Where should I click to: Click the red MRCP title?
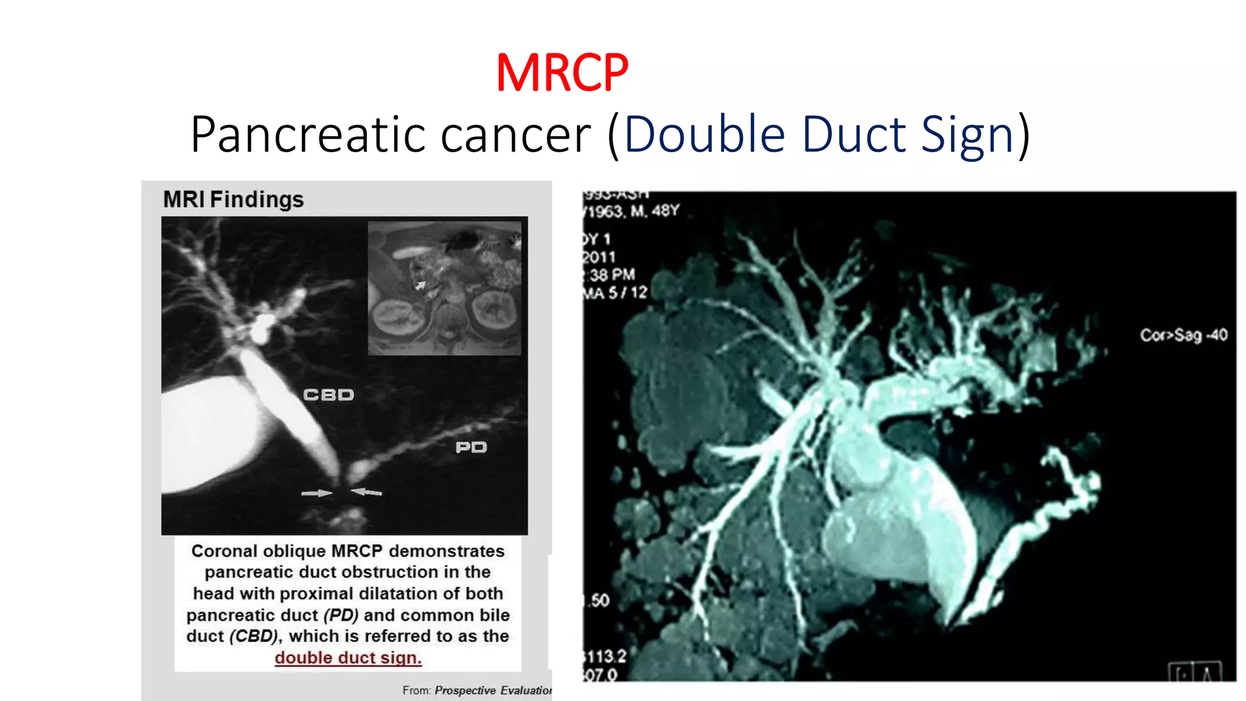click(562, 73)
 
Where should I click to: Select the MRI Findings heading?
click(234, 200)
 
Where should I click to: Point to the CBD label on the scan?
click(329, 395)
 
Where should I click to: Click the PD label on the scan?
click(471, 448)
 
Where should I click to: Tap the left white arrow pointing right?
click(316, 493)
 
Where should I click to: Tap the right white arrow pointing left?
click(367, 491)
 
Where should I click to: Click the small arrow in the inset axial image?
click(420, 285)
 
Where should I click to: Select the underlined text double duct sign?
click(348, 658)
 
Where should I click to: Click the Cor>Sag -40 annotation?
click(1183, 335)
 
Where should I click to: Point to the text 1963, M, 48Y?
click(633, 211)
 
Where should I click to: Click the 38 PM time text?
click(611, 275)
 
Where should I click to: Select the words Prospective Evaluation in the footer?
click(493, 691)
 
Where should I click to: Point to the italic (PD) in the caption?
click(341, 615)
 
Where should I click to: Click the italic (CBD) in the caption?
click(254, 636)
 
